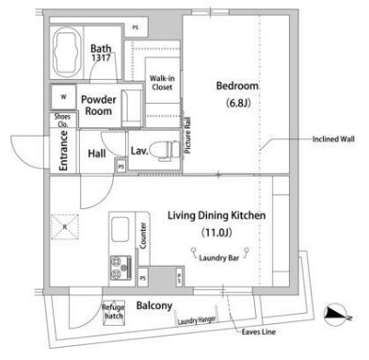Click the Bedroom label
coord(237,87)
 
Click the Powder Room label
coord(99,105)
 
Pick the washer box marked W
coord(63,96)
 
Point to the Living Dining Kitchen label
coord(217,216)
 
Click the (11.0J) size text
coord(217,232)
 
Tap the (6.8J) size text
coord(237,103)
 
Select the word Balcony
coord(153,305)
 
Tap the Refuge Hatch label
coord(114,313)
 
